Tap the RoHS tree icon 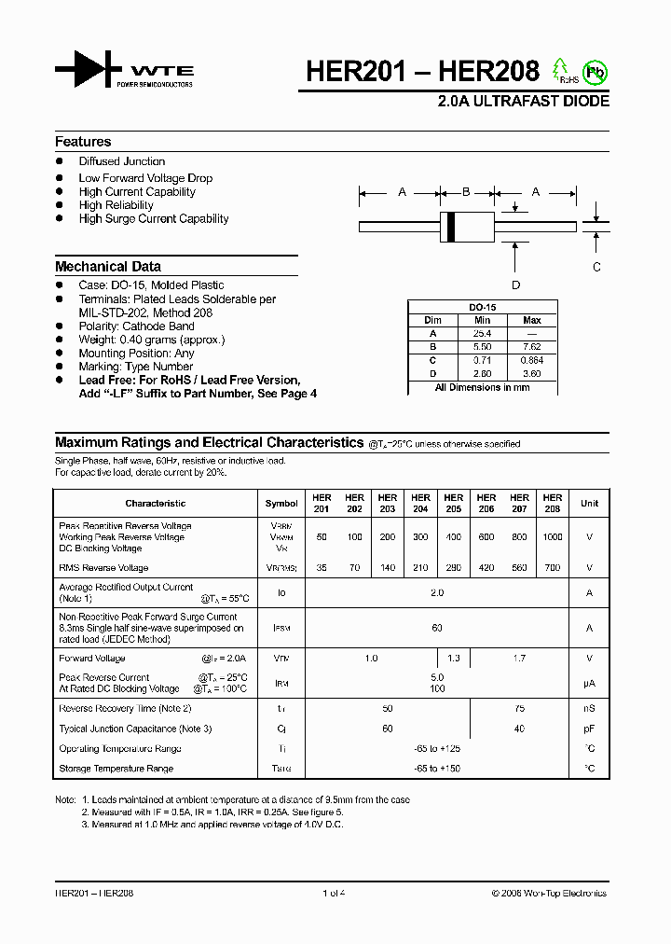click(x=562, y=70)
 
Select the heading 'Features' click(x=83, y=142)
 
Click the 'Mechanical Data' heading click(x=108, y=266)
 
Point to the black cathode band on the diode click(x=452, y=226)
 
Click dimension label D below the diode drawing click(x=515, y=285)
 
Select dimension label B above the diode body click(x=466, y=192)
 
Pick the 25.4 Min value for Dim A click(x=482, y=333)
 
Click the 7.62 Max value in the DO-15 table click(x=532, y=346)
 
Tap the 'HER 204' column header click(x=420, y=503)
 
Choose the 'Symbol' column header click(x=281, y=503)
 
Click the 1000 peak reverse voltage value click(x=552, y=537)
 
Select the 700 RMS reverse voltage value click(x=552, y=567)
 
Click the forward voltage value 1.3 click(x=453, y=658)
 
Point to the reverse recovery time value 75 click(x=519, y=709)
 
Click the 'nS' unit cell click(x=589, y=709)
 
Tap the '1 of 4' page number click(x=334, y=893)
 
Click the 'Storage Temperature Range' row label click(x=116, y=769)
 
